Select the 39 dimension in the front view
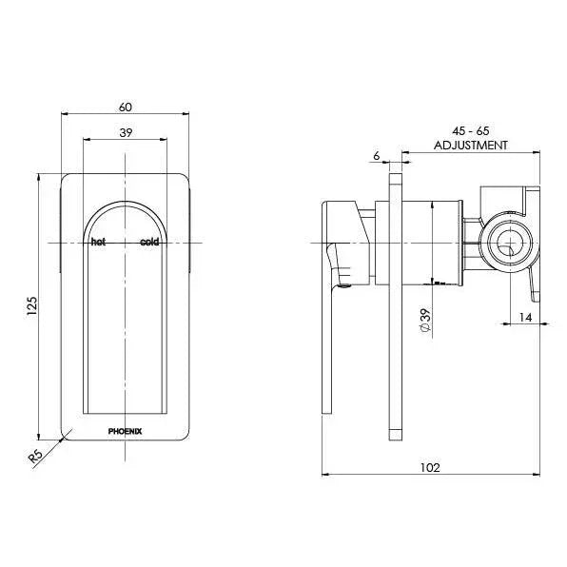pos(126,132)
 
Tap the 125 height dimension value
pos(32,305)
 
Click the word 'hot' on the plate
pos(97,243)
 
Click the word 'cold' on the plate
pos(149,243)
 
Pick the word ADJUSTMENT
pos(471,146)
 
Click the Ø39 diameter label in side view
pos(425,320)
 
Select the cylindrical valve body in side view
pos(433,243)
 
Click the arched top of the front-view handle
pos(126,207)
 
